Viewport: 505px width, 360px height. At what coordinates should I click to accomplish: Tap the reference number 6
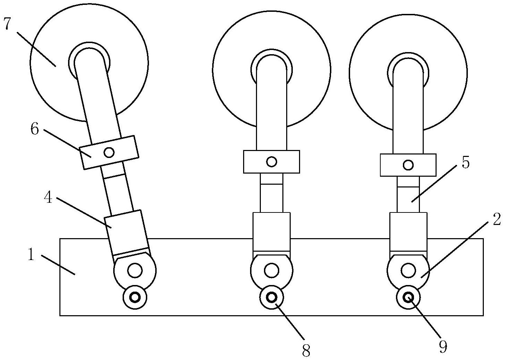35,129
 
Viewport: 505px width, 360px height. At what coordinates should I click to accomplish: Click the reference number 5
465,163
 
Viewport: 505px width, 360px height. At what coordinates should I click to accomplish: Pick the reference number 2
496,219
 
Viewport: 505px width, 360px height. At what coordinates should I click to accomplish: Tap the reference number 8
306,351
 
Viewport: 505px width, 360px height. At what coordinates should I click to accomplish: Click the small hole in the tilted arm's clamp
109,153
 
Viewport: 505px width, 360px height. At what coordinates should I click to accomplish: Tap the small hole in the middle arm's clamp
272,161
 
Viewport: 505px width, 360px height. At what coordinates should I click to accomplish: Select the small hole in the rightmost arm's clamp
408,165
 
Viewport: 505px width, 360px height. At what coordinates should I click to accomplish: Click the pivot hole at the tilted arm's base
135,270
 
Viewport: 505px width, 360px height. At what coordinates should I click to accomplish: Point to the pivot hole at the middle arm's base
272,270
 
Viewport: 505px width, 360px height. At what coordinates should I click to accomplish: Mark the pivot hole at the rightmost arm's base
408,270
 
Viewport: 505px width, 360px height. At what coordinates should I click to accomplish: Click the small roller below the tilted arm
135,298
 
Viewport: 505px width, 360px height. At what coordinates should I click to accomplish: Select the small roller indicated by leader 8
272,298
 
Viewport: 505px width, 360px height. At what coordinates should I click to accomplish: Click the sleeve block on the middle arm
272,232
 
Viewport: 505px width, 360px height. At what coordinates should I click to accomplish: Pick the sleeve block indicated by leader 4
126,233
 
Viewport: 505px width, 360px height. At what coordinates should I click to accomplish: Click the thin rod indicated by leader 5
408,194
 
